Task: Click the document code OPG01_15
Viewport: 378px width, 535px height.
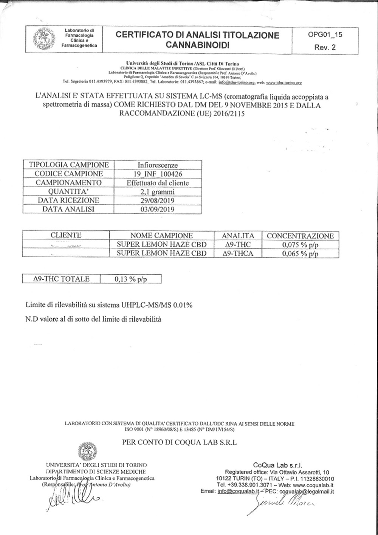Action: [325, 35]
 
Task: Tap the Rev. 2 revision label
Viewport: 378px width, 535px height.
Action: [325, 48]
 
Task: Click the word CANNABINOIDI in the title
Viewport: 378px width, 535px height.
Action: [197, 45]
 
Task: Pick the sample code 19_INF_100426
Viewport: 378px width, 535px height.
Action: [158, 174]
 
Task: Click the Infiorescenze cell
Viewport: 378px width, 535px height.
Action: [158, 165]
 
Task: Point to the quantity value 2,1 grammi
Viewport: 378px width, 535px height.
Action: [158, 191]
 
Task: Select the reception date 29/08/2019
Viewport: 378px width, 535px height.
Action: [158, 201]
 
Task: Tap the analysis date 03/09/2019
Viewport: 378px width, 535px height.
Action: [158, 209]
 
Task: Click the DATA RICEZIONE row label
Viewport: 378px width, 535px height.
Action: [68, 201]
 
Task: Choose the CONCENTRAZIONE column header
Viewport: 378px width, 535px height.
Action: [301, 236]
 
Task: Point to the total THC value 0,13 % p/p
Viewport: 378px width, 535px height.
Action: [130, 280]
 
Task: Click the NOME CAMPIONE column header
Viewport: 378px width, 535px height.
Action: [161, 236]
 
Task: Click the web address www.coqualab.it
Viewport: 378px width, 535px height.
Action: [313, 485]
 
